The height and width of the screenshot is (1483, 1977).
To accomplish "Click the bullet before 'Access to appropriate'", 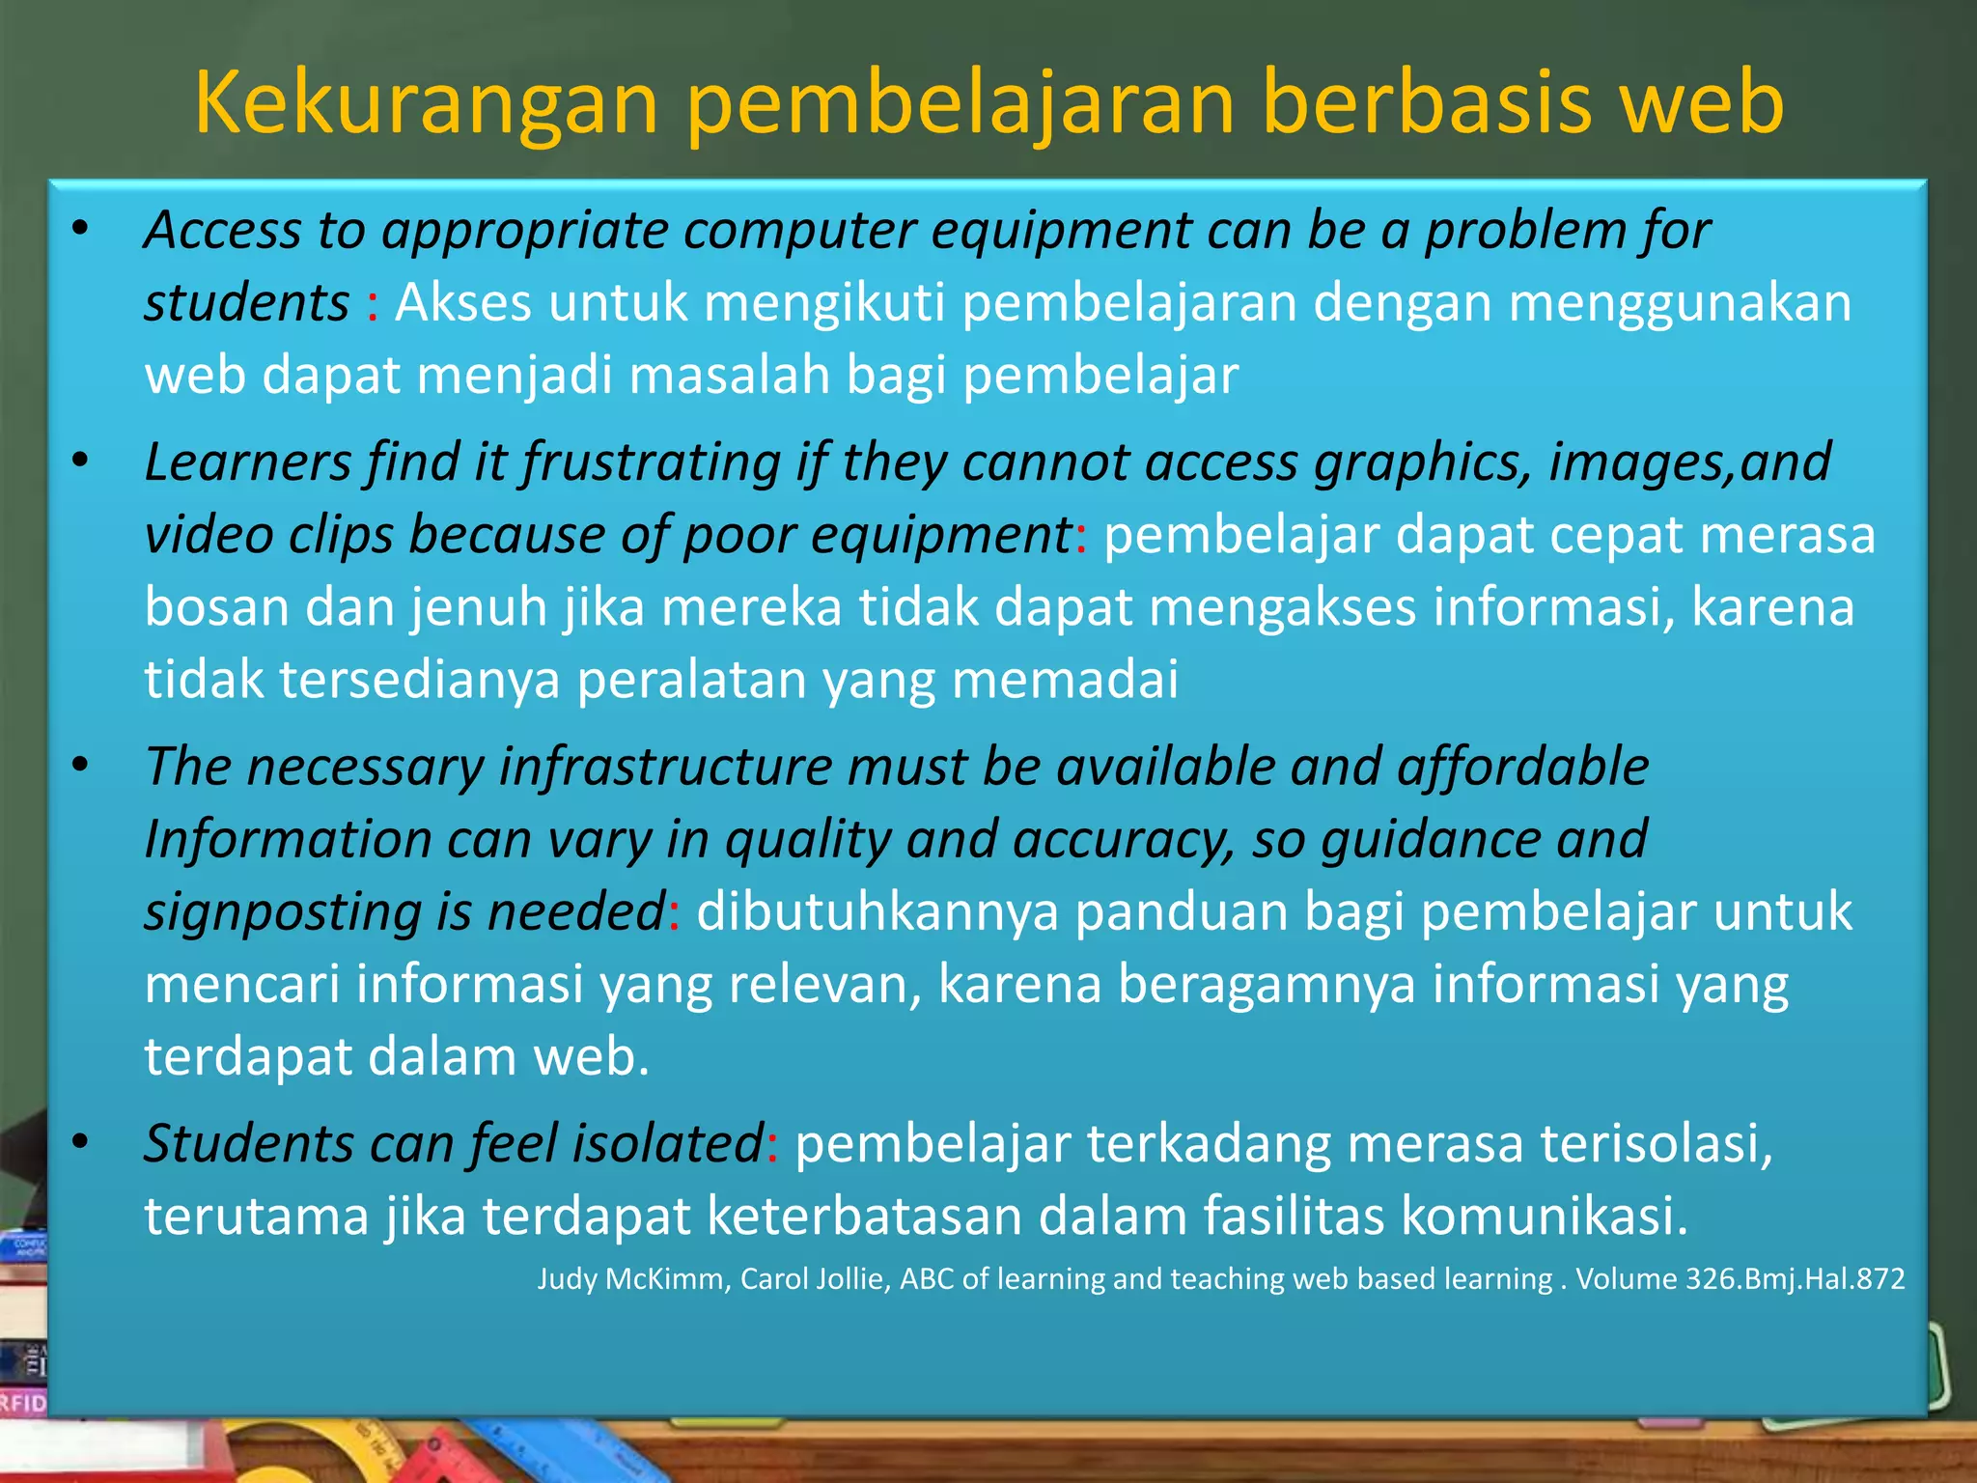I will (80, 230).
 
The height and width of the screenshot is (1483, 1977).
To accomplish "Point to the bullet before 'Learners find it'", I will (80, 462).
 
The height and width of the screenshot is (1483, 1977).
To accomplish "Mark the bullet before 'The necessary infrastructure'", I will (80, 767).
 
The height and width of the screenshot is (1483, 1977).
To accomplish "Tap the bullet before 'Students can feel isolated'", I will (80, 1143).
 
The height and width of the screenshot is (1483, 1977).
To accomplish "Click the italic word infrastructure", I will (665, 768).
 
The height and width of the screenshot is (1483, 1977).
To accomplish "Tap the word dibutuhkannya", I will (877, 911).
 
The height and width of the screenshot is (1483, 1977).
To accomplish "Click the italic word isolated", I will (667, 1144).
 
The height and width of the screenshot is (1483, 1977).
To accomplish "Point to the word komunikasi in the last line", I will (1544, 1216).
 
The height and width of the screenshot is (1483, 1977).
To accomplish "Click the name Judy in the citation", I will (568, 1279).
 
